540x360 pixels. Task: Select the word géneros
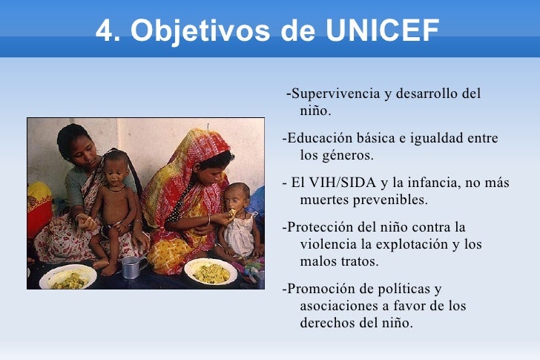point(349,156)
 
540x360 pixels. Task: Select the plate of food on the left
point(67,278)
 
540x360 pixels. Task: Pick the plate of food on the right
point(211,272)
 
